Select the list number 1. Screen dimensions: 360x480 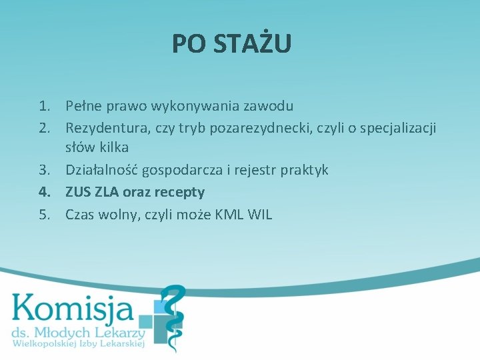tap(44, 105)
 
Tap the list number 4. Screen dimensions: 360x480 tap(44, 192)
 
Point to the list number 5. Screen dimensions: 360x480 tap(44, 215)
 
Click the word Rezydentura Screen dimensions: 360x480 tap(103, 127)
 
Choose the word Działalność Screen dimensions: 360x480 tap(100, 170)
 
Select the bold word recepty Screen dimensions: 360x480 tap(181, 192)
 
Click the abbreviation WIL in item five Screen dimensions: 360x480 tap(259, 215)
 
